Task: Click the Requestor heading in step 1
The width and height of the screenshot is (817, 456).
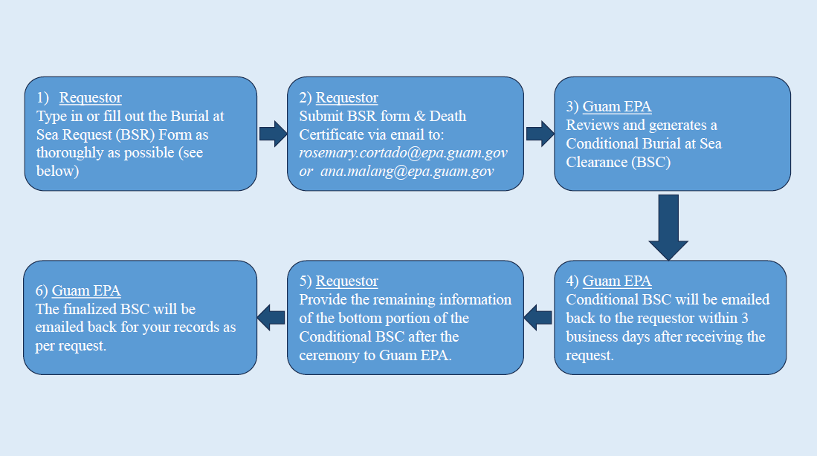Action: click(90, 98)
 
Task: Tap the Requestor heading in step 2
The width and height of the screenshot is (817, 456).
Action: click(346, 98)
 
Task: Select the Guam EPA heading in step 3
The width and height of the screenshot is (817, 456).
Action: click(617, 107)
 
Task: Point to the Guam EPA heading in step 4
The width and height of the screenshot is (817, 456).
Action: click(617, 281)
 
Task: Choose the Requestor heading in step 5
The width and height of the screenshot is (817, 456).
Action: click(346, 281)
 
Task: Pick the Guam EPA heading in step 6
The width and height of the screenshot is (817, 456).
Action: click(86, 290)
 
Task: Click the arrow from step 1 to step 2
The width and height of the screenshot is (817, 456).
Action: click(273, 134)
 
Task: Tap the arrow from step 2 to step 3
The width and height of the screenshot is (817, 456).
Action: click(540, 134)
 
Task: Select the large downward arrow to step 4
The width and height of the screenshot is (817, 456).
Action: click(668, 227)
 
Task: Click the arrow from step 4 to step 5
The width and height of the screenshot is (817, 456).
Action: click(537, 318)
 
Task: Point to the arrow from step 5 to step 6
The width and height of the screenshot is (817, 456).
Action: click(271, 318)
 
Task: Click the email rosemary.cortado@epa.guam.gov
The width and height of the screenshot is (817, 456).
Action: click(403, 153)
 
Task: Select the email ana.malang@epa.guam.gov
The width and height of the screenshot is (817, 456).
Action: click(407, 172)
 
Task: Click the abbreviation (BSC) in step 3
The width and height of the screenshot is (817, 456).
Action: click(650, 163)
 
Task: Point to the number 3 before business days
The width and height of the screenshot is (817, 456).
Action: click(745, 318)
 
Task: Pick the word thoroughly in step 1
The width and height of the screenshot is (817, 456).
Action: click(73, 153)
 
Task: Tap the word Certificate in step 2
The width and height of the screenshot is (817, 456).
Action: click(329, 135)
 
